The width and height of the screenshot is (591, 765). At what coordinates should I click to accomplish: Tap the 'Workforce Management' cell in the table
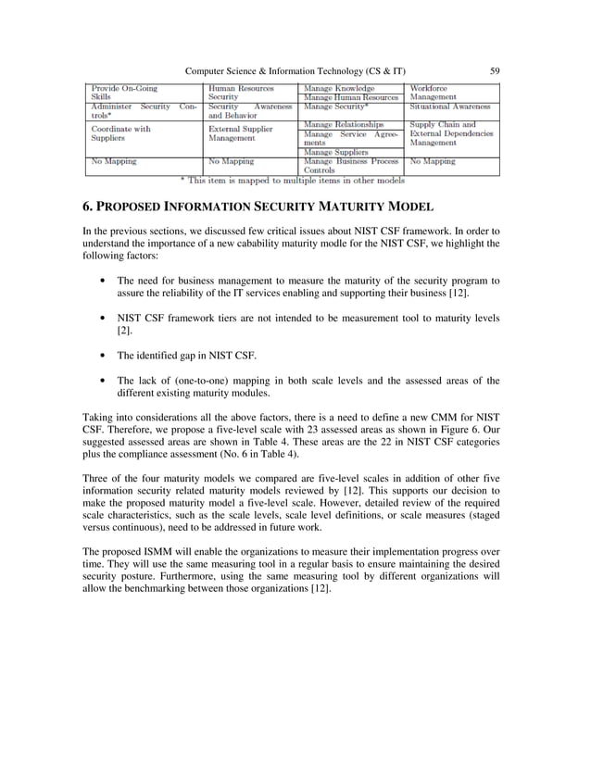pos(435,92)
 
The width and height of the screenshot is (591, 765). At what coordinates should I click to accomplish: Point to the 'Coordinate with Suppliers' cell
pos(120,133)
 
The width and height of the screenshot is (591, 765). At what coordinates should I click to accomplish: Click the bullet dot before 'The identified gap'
pos(99,356)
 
